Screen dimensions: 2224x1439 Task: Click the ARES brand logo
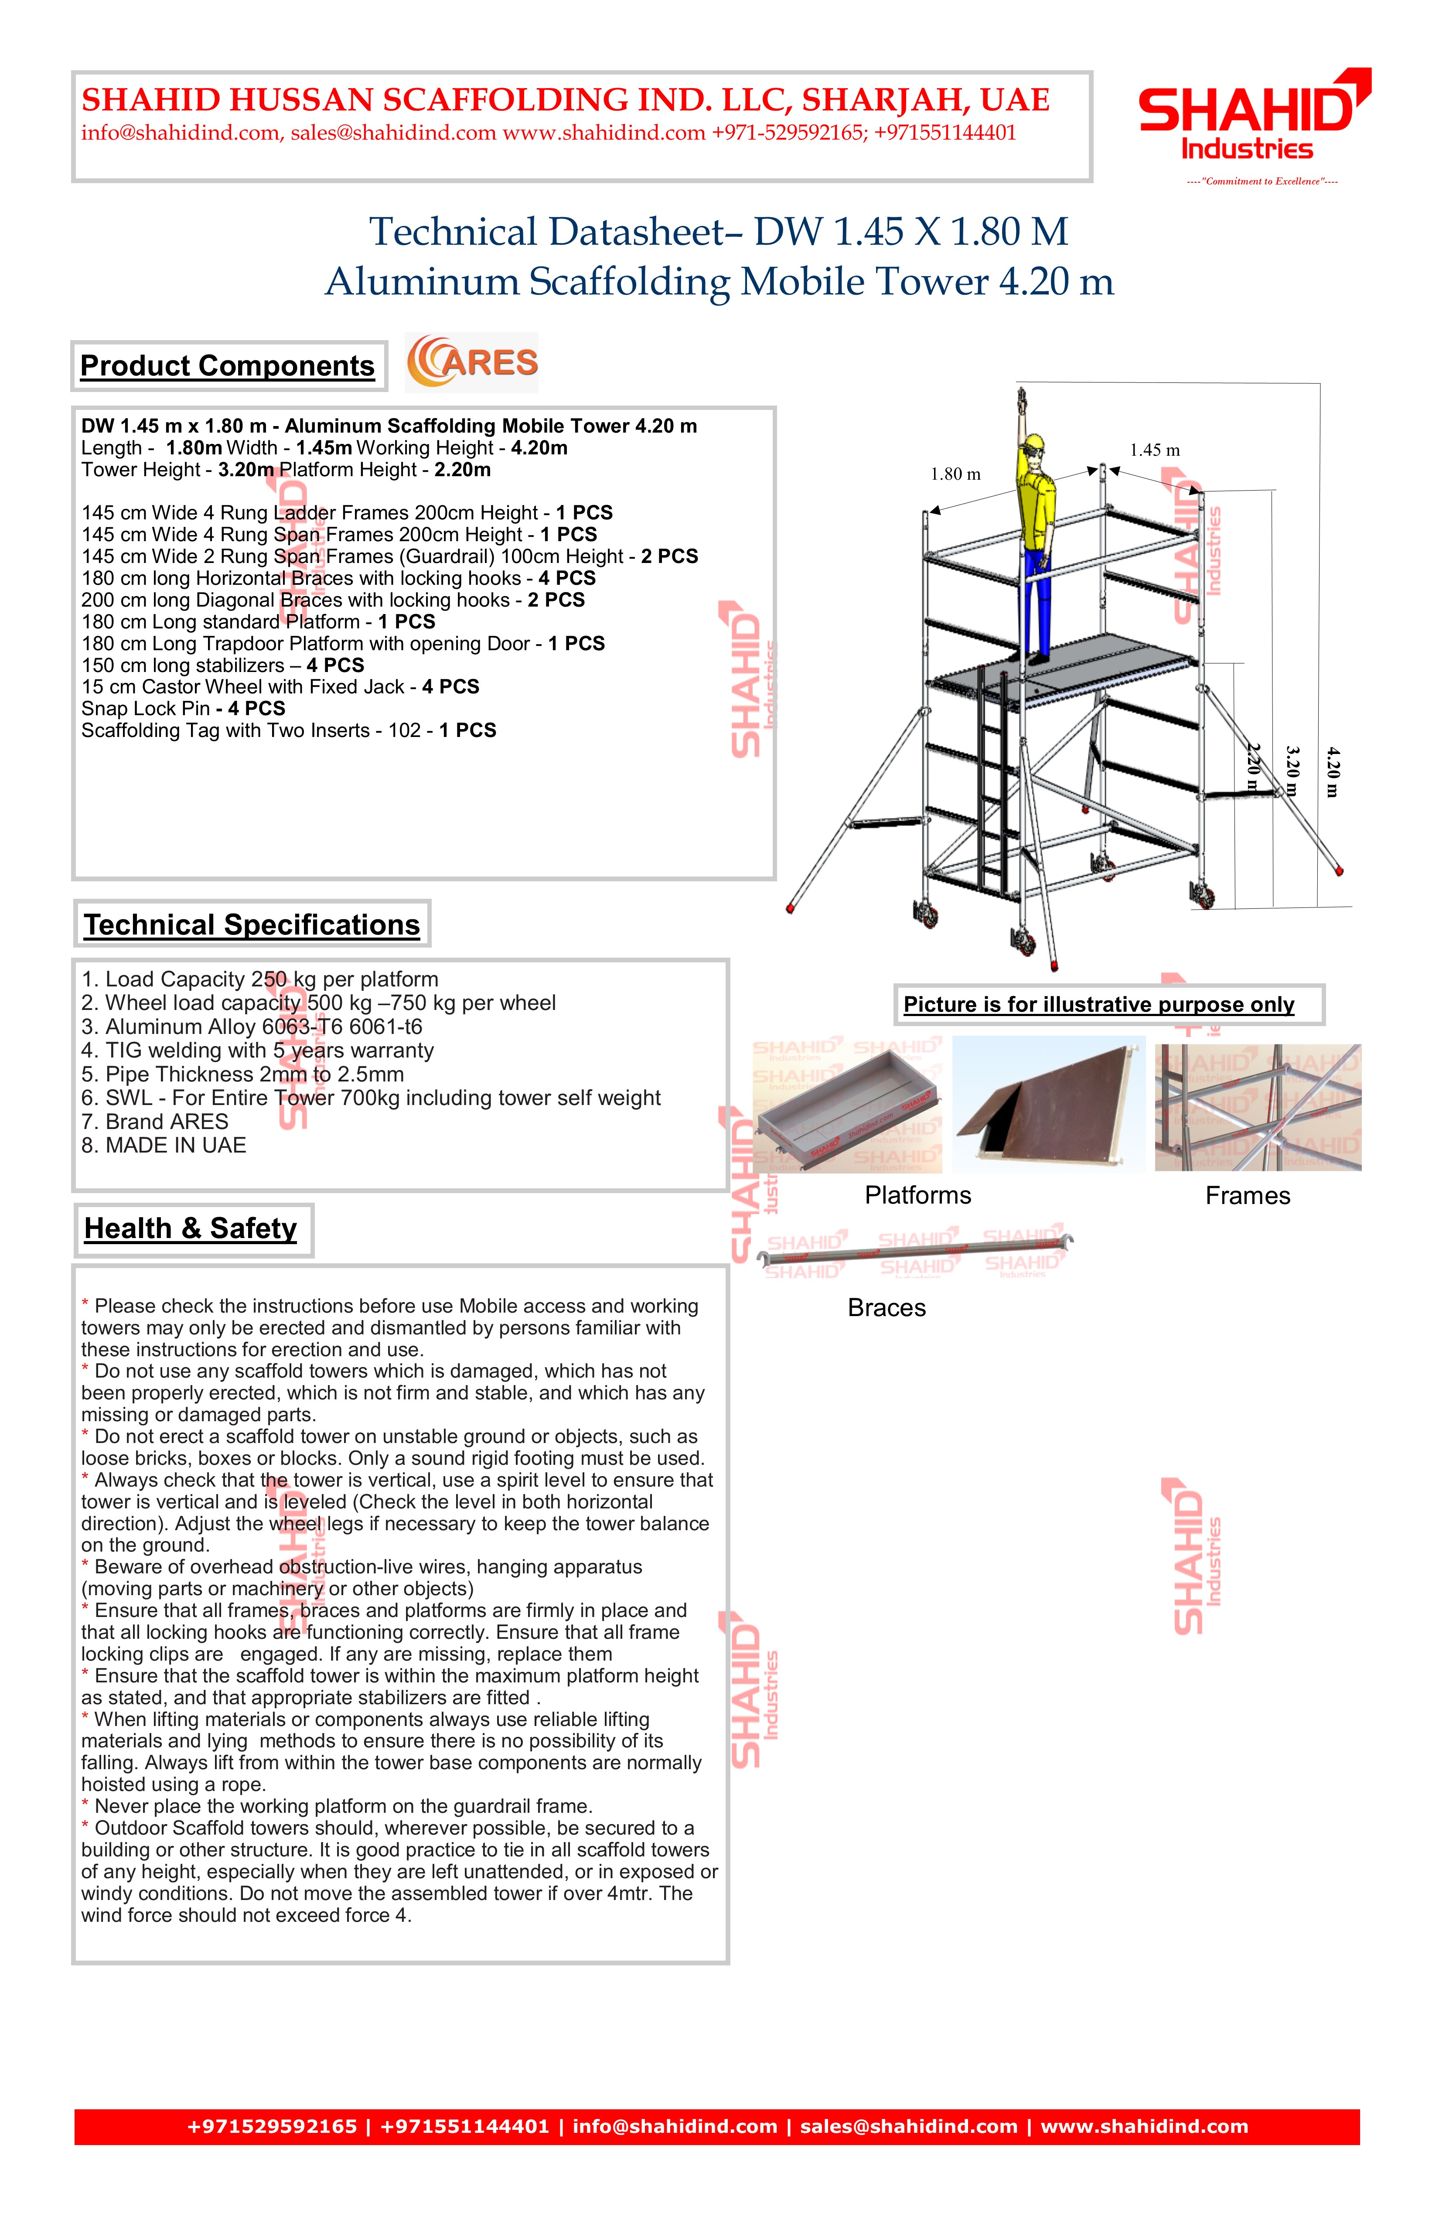click(472, 362)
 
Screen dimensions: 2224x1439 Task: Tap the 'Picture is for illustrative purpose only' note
click(1099, 1005)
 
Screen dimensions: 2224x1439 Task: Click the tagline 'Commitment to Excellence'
click(1262, 181)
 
